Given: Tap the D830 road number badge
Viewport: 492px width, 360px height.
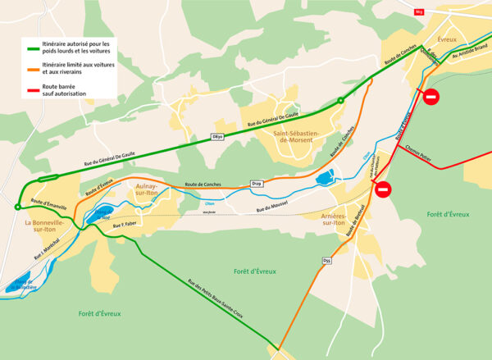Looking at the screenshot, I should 216,135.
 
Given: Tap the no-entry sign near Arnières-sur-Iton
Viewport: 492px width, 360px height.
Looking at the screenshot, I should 384,190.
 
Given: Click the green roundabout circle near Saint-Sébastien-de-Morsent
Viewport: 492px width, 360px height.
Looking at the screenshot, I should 341,101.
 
